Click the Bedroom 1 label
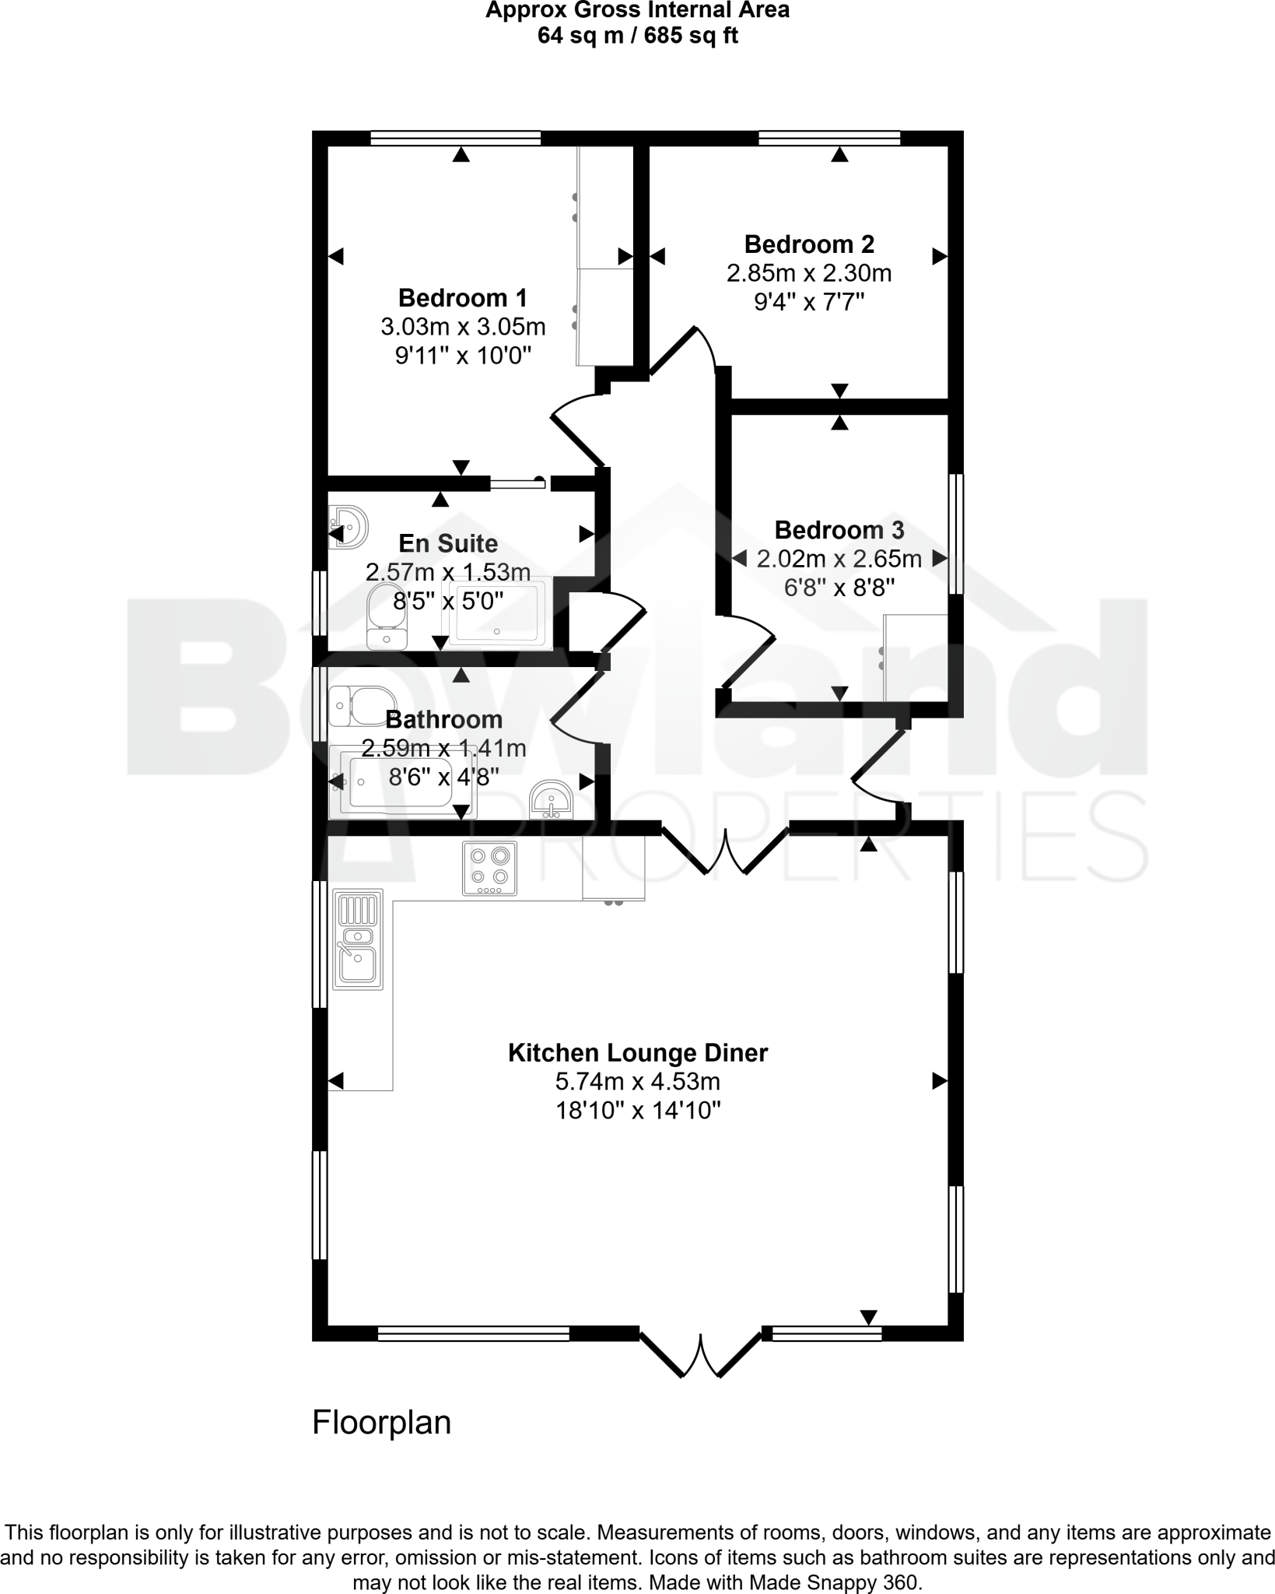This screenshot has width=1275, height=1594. pyautogui.click(x=462, y=298)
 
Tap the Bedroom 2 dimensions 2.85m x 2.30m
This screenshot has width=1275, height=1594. pyautogui.click(x=808, y=274)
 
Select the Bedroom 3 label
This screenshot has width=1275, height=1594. pyautogui.click(x=839, y=530)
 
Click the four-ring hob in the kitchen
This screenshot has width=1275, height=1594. pyautogui.click(x=489, y=869)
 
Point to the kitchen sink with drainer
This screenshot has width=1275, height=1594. pyautogui.click(x=358, y=940)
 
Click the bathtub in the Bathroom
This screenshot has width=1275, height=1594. pyautogui.click(x=401, y=781)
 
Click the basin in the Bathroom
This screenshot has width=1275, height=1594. pyautogui.click(x=552, y=801)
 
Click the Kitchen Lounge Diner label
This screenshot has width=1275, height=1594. pyautogui.click(x=637, y=1053)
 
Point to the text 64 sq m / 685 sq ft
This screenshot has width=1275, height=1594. pyautogui.click(x=637, y=36)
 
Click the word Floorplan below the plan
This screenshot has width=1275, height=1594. pyautogui.click(x=381, y=1423)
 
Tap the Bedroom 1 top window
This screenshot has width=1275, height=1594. pyautogui.click(x=455, y=139)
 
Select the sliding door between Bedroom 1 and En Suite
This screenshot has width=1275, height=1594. pyautogui.click(x=518, y=484)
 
